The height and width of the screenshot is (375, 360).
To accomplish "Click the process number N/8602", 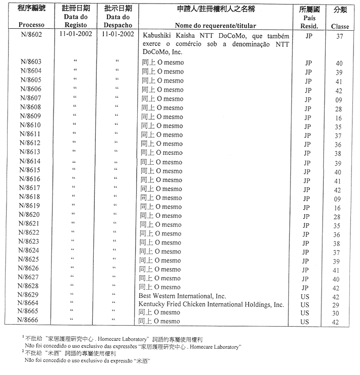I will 31,35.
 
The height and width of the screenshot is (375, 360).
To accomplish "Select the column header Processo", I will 31,25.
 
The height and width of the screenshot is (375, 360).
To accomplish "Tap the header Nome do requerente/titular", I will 218,25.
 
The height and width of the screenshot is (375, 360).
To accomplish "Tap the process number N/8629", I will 31,294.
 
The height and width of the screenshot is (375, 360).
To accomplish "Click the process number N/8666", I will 31,321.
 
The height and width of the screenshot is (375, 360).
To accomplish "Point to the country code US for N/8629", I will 305,297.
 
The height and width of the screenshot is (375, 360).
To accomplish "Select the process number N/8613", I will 31,152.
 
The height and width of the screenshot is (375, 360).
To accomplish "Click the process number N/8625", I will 31,259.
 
